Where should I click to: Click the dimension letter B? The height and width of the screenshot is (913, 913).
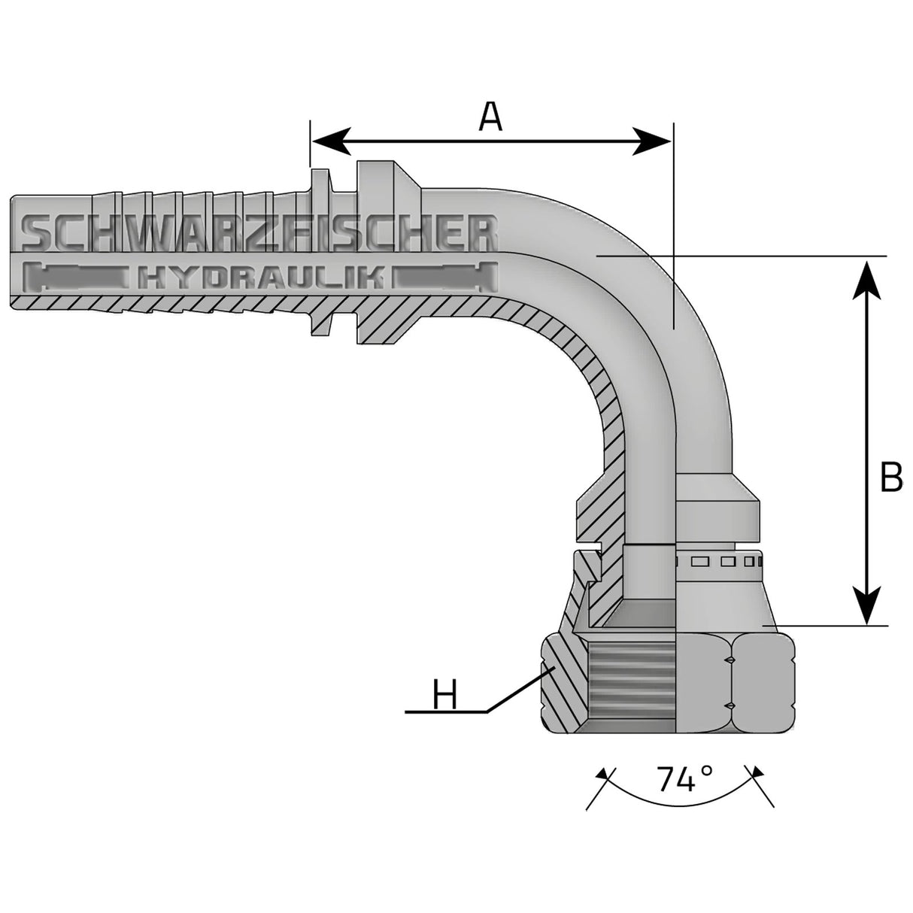pyautogui.click(x=890, y=477)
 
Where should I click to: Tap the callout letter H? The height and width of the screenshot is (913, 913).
pyautogui.click(x=445, y=693)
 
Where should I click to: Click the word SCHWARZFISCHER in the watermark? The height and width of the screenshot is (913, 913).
pyautogui.click(x=260, y=233)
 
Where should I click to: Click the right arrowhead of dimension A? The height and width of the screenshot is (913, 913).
pyautogui.click(x=653, y=141)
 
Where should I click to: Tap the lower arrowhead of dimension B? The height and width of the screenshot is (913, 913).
pyautogui.click(x=868, y=605)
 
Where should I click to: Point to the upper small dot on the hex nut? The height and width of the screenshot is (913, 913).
pyautogui.click(x=729, y=660)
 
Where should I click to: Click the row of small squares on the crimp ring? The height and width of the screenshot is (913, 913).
pyautogui.click(x=718, y=561)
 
